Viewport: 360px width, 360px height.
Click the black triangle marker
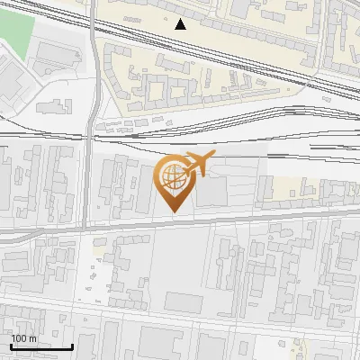(x=181, y=24)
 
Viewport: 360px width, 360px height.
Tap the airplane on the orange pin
(x=199, y=165)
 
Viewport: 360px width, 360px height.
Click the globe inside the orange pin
(x=173, y=176)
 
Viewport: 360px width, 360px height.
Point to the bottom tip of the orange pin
(x=175, y=212)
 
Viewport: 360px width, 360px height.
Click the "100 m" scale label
(x=24, y=338)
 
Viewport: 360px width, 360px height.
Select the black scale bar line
(x=41, y=347)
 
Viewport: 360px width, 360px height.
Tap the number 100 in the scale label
(x=20, y=338)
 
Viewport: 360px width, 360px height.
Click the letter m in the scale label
(x=32, y=338)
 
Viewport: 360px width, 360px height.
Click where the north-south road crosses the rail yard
(x=91, y=137)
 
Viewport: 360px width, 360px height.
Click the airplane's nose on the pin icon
(x=214, y=157)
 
